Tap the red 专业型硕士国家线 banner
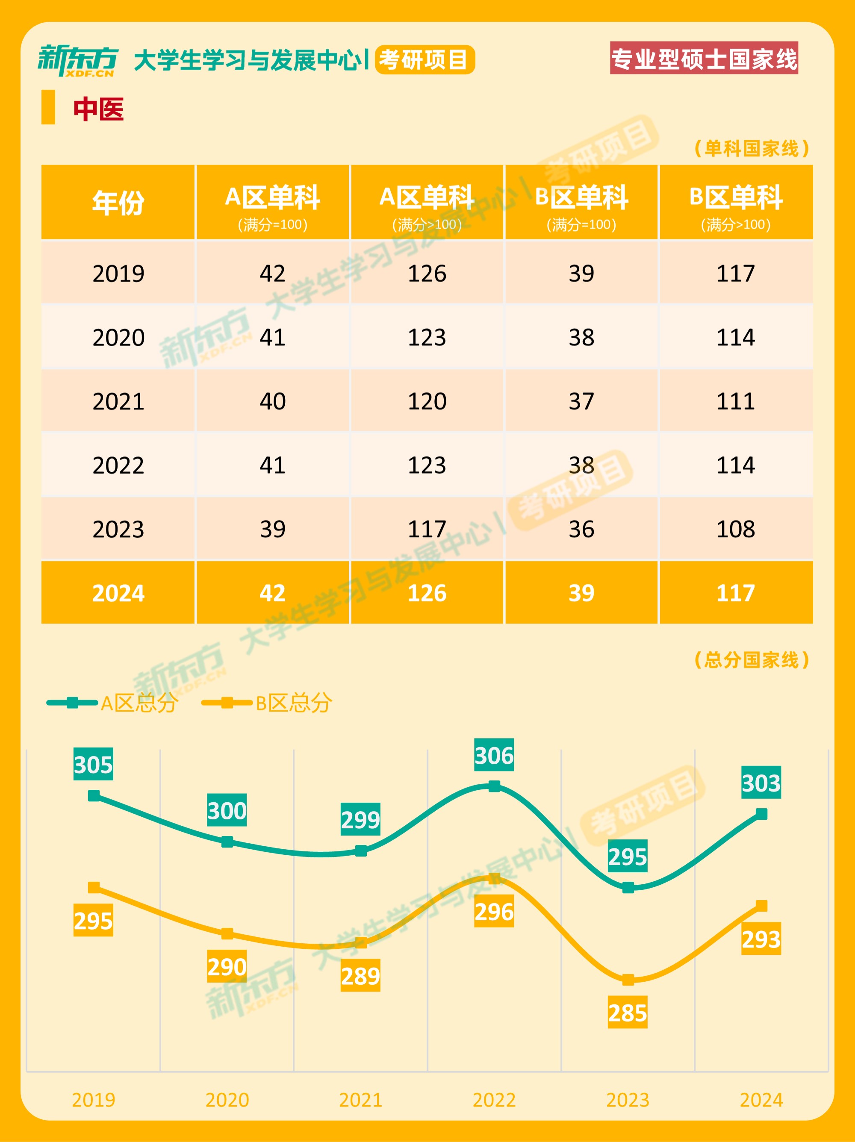(x=704, y=58)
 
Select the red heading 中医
(x=98, y=109)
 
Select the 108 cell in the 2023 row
(x=735, y=529)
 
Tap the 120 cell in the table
(x=427, y=401)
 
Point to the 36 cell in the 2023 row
(x=581, y=529)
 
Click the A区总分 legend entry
(x=112, y=703)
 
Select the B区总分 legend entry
(x=267, y=703)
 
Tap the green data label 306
(x=494, y=755)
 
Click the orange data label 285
(x=627, y=1012)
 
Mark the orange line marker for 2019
(x=94, y=887)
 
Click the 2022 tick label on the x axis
(x=494, y=1100)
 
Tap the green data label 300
(x=227, y=810)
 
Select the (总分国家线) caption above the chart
(x=751, y=659)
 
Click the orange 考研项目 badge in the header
(x=425, y=60)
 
